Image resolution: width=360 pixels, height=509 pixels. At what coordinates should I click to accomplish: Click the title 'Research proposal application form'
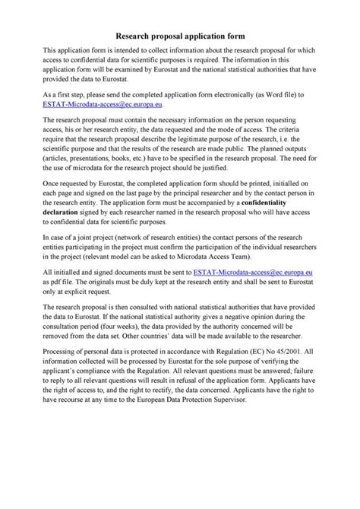coord(180,35)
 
